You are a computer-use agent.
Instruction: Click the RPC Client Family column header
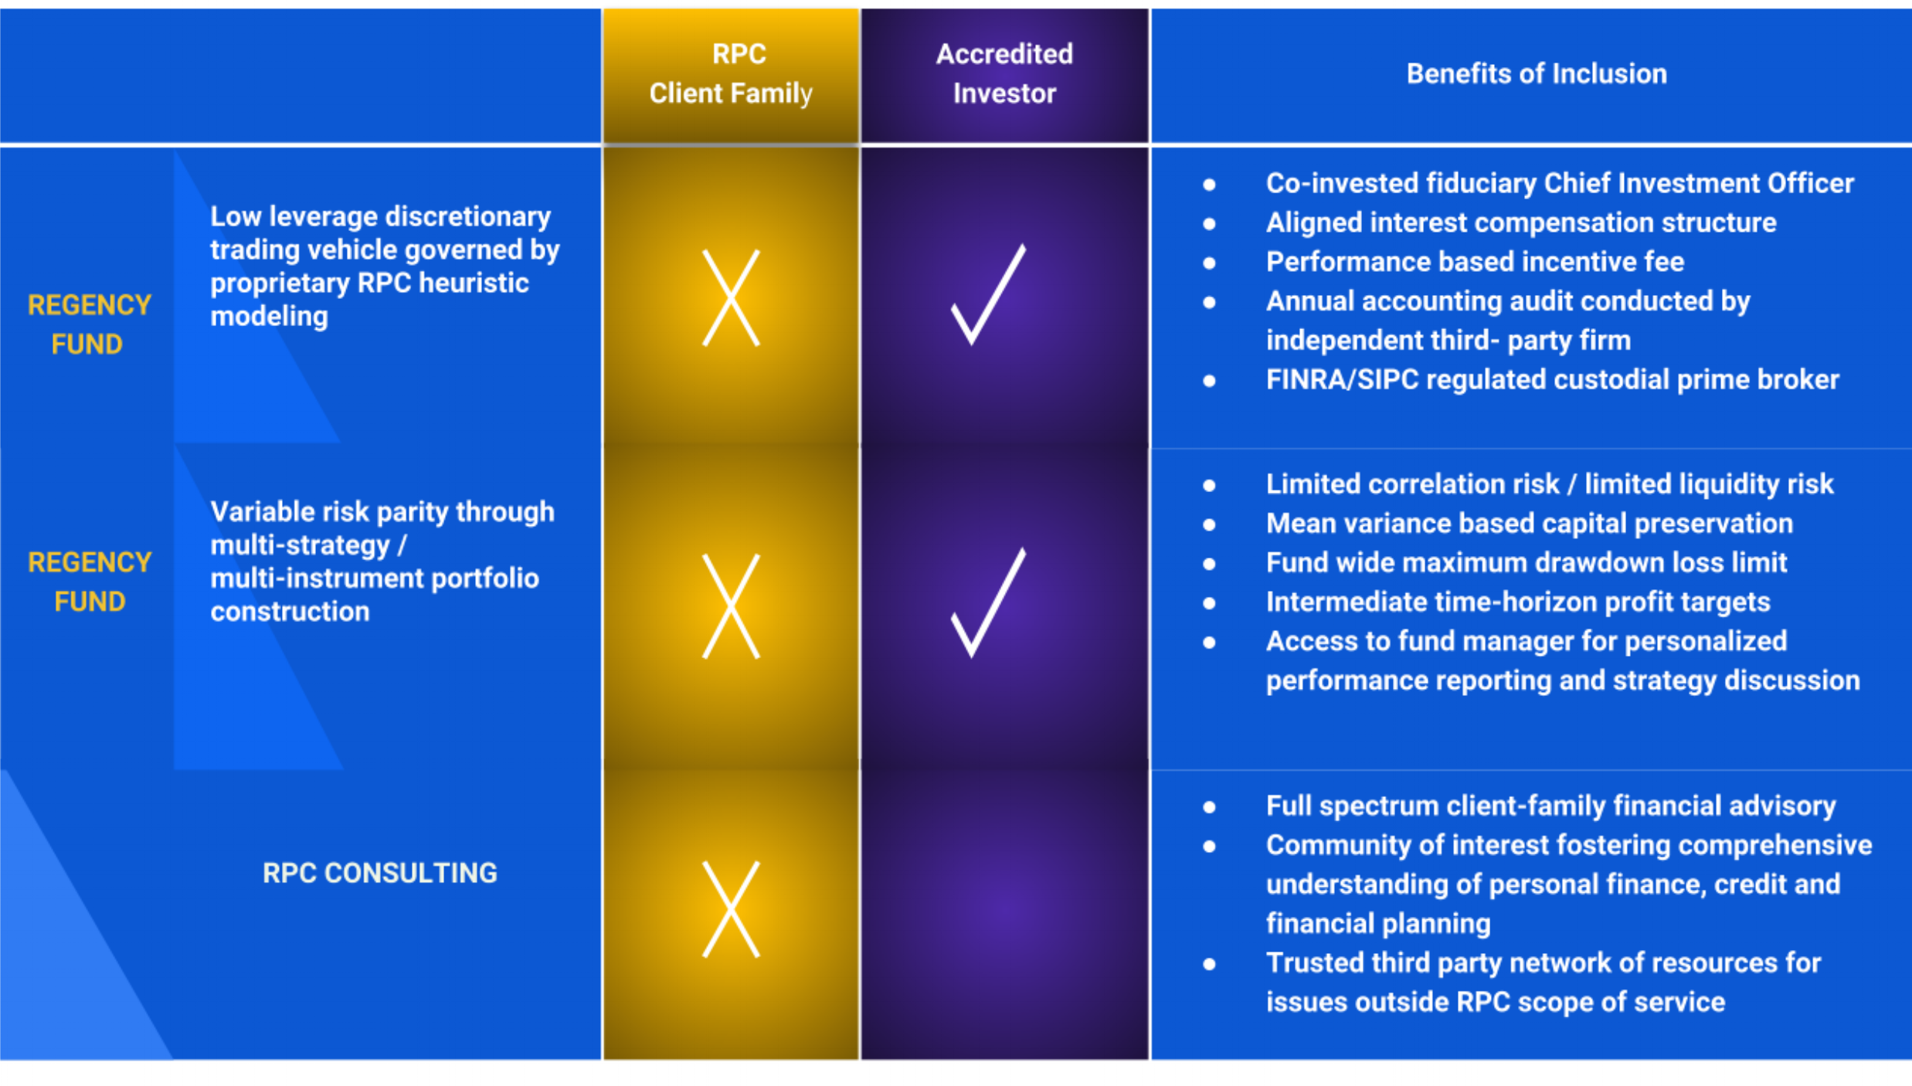tap(731, 74)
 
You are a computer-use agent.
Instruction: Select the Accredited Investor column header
tap(1004, 74)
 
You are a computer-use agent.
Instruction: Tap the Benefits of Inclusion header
tap(1536, 74)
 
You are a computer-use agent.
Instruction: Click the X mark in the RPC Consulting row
tap(731, 909)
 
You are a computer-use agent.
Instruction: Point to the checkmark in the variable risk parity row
tap(988, 603)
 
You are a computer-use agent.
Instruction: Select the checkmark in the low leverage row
tap(988, 296)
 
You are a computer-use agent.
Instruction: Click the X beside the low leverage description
tap(731, 298)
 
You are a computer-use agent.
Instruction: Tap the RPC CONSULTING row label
tap(379, 874)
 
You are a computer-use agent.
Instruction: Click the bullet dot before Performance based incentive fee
tap(1210, 263)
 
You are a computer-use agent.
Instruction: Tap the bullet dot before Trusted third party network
tap(1210, 964)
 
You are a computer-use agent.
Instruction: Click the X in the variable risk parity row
tap(731, 606)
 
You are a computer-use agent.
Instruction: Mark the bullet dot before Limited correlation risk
tap(1210, 486)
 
